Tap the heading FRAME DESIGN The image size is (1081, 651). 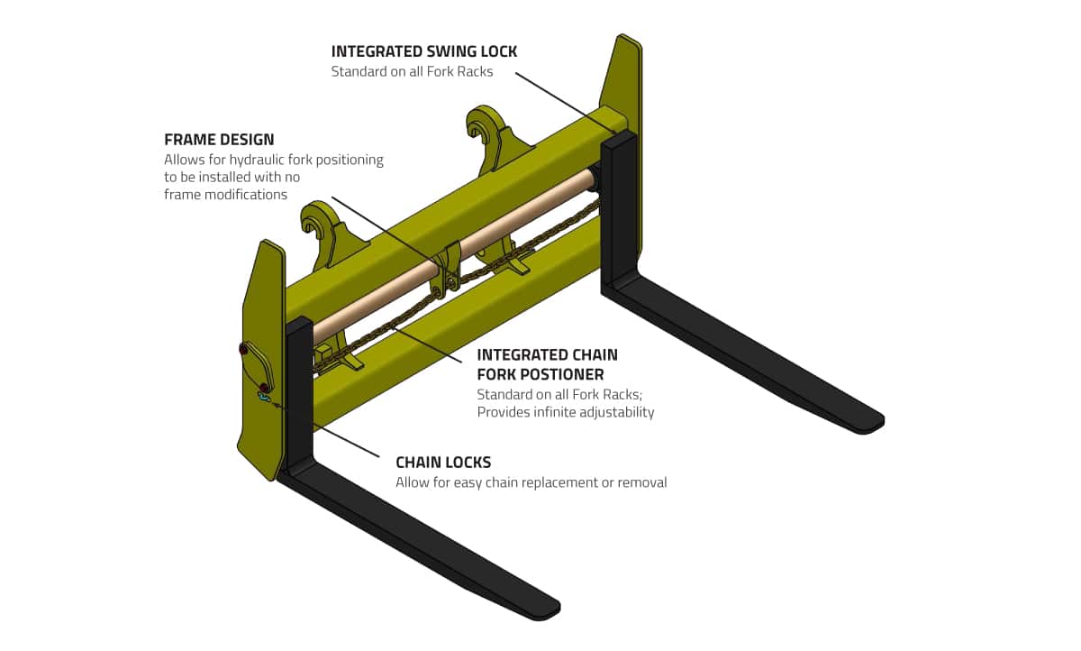[219, 140]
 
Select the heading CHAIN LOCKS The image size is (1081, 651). [443, 463]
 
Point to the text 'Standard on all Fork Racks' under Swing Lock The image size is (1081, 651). [412, 71]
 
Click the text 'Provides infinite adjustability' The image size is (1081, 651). [565, 412]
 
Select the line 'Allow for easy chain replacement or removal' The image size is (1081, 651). [531, 482]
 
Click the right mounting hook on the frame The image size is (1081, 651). [486, 126]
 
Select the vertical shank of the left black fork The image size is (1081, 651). [299, 397]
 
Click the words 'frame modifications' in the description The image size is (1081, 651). [225, 194]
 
